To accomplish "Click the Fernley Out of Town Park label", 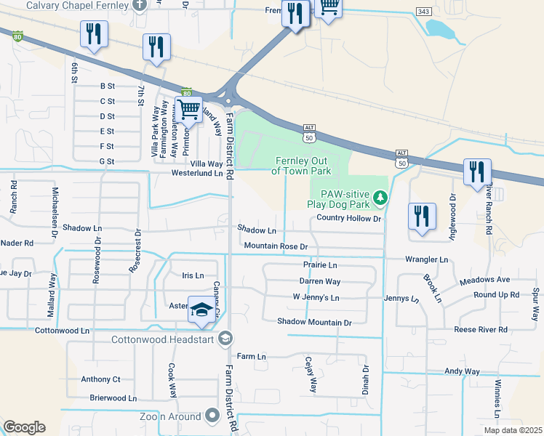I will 301,166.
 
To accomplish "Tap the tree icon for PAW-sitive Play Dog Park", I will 379,198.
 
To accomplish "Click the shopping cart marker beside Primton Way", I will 190,110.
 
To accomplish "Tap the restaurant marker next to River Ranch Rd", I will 477,172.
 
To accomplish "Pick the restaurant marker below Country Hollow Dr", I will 423,216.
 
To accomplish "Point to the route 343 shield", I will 423,12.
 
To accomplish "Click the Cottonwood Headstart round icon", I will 226,339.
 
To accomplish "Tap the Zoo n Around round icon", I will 212,416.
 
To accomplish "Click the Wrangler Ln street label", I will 427,259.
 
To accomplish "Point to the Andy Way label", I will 462,371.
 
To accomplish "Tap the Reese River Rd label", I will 481,329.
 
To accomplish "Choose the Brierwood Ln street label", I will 113,398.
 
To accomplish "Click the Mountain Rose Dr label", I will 276,246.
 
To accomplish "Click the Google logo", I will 24,427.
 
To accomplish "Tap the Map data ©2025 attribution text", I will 512,430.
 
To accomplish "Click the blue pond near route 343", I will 439,29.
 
